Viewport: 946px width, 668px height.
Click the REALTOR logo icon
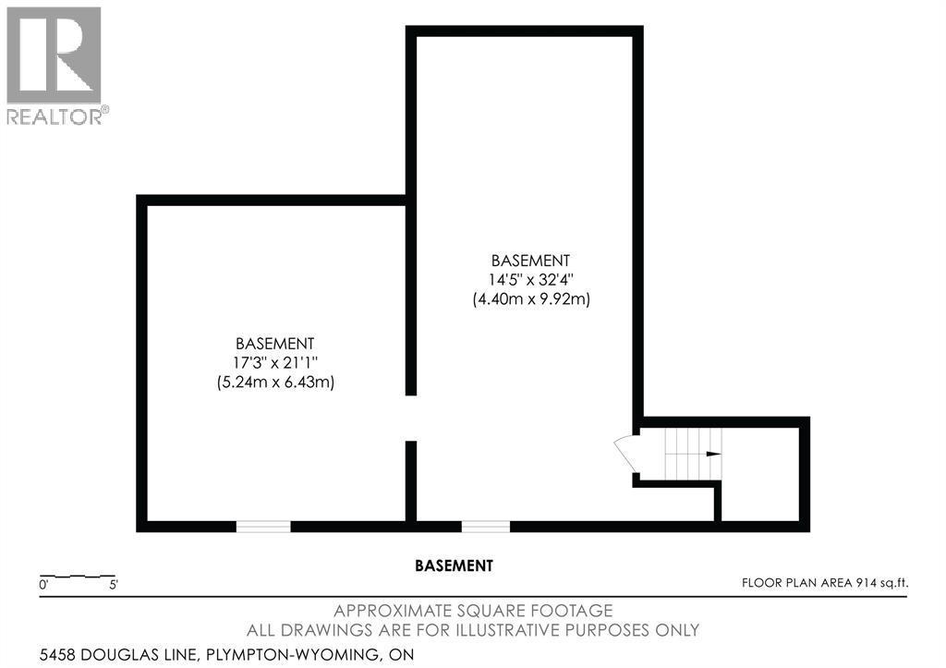[53, 55]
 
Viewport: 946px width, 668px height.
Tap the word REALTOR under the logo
[55, 116]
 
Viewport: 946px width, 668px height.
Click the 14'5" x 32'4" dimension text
[531, 280]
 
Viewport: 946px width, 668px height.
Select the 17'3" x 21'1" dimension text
[275, 363]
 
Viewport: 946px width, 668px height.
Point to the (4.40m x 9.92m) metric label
[531, 299]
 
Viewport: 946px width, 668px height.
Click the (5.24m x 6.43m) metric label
[275, 383]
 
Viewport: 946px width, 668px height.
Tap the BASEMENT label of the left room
[275, 344]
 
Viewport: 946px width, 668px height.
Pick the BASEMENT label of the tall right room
[531, 261]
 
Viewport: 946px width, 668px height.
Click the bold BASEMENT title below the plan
[455, 565]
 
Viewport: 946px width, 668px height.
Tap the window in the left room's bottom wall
[263, 527]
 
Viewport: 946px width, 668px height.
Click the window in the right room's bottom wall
[486, 527]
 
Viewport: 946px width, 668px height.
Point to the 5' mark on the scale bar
[114, 585]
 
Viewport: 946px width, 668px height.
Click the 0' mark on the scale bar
[43, 585]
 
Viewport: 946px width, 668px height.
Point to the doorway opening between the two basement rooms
[411, 419]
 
